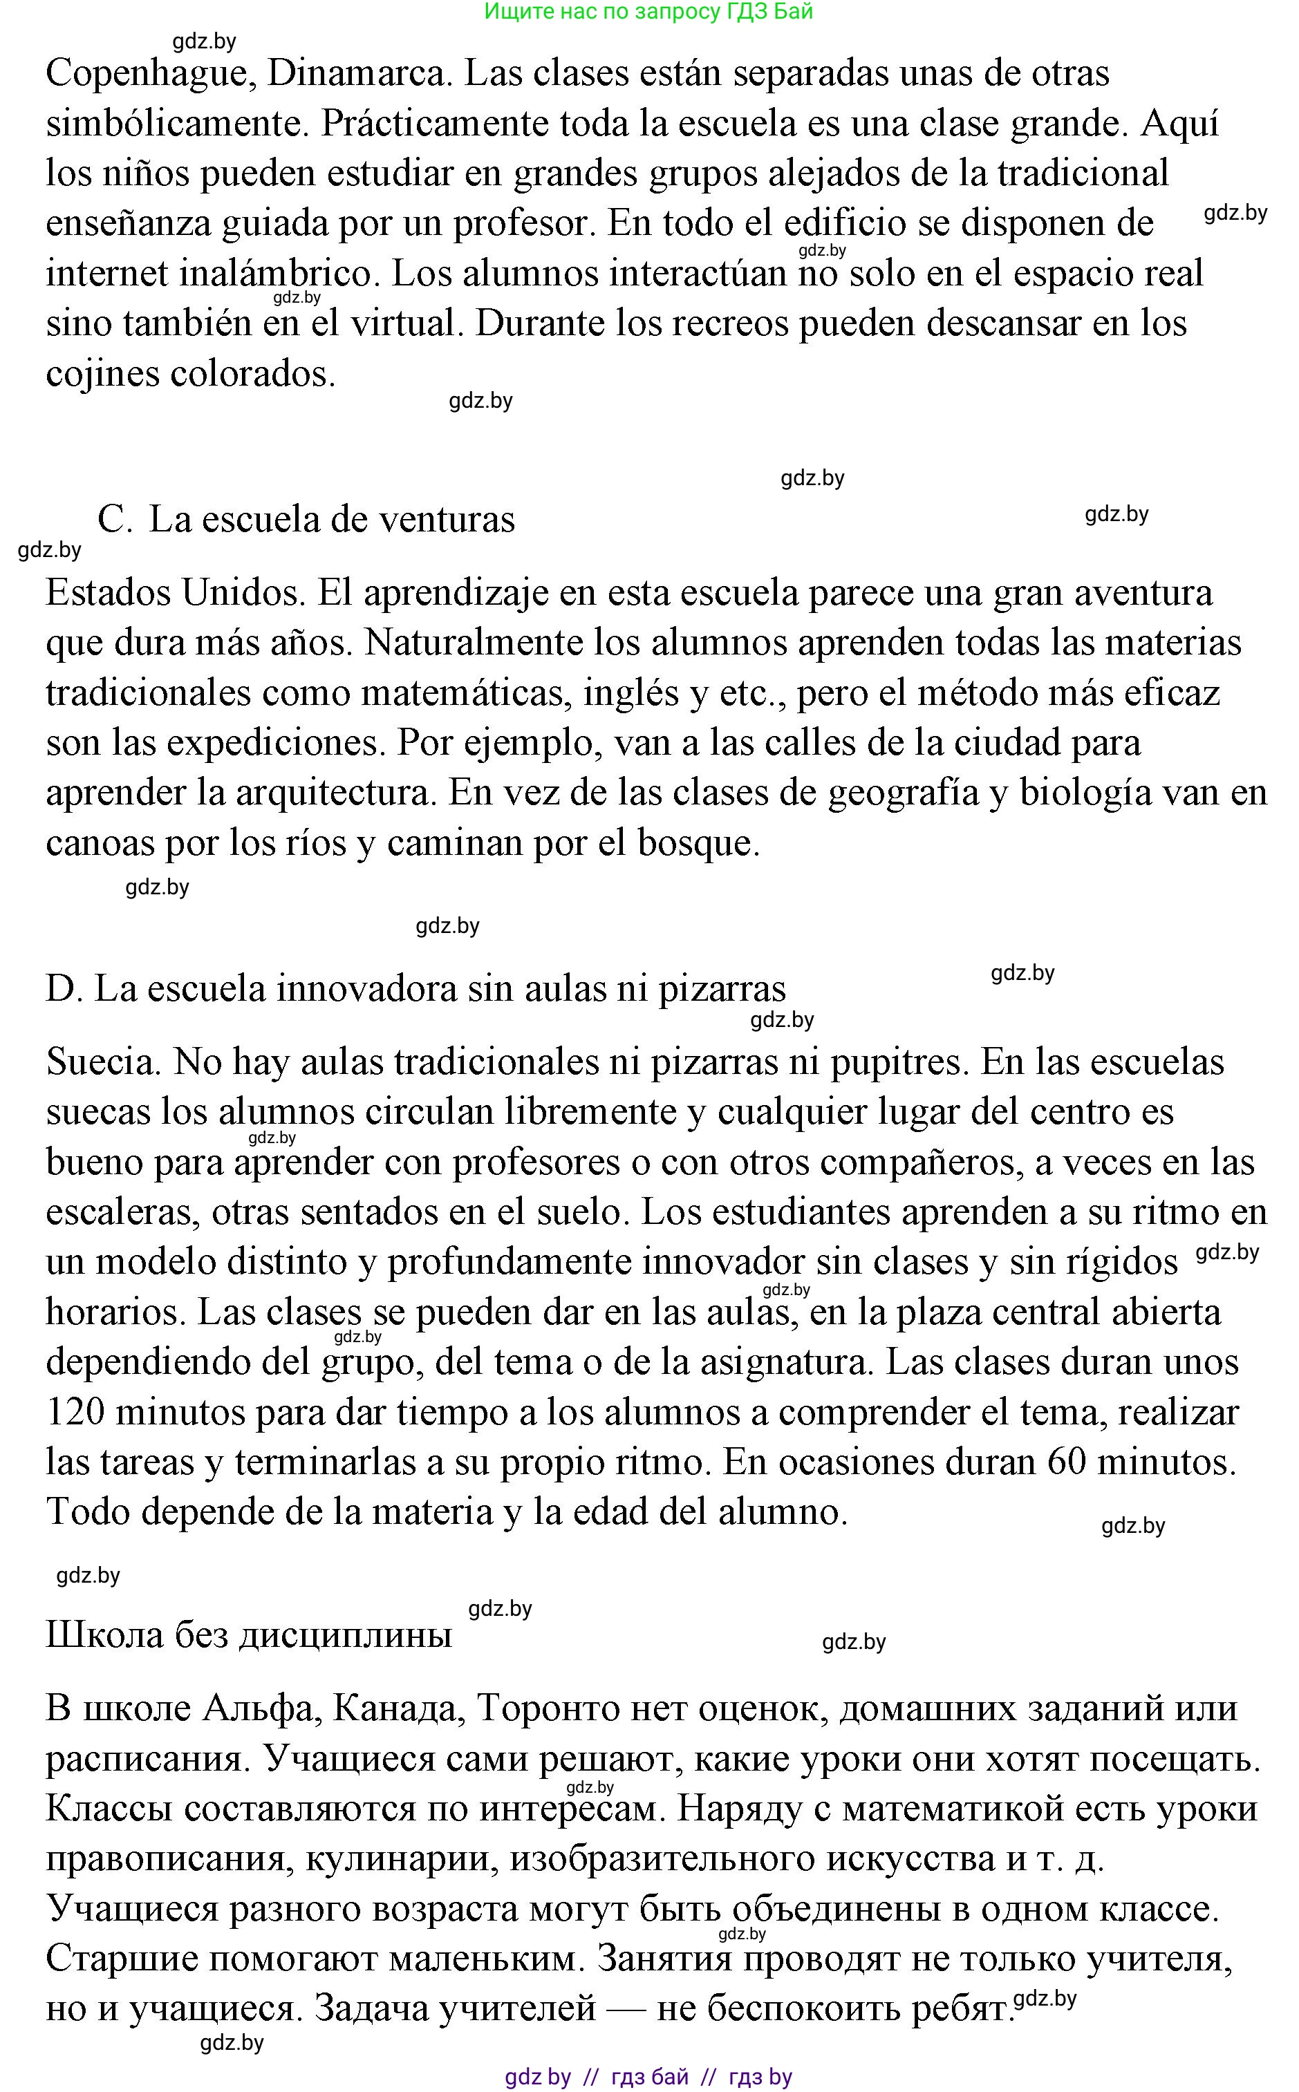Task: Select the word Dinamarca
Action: [359, 74]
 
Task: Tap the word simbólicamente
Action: [176, 124]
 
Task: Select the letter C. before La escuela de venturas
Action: [114, 520]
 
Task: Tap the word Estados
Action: [109, 592]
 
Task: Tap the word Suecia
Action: [103, 1063]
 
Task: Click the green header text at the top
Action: [648, 12]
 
